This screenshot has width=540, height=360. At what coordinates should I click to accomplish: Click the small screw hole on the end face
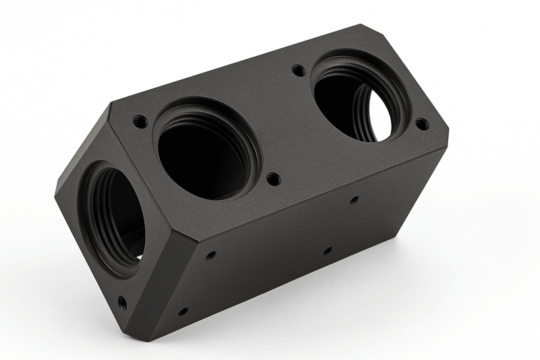[122, 303]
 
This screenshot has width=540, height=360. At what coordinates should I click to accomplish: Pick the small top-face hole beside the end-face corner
[140, 122]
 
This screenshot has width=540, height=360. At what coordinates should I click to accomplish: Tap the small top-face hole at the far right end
[421, 124]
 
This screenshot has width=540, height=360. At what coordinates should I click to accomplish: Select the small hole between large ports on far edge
[298, 69]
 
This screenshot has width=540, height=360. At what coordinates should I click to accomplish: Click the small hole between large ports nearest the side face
[273, 179]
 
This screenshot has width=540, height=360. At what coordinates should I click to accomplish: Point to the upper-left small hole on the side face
[211, 255]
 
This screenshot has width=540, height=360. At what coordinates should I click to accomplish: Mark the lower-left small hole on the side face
[182, 311]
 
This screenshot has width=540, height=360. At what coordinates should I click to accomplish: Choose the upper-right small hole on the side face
[354, 200]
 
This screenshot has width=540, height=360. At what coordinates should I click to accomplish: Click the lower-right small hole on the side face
[327, 251]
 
